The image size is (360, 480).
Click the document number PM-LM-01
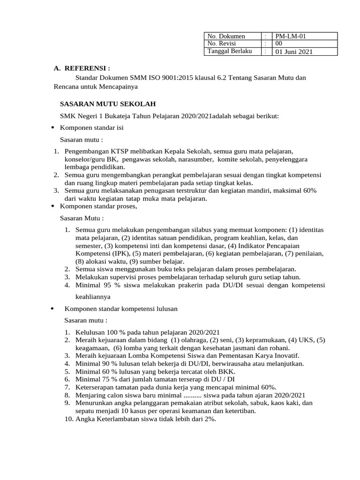pyautogui.click(x=290, y=36)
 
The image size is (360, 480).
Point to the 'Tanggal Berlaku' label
pyautogui.click(x=226, y=51)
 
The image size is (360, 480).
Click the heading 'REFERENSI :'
pyautogui.click(x=87, y=68)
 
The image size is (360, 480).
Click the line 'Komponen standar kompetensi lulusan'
pyautogui.click(x=120, y=308)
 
